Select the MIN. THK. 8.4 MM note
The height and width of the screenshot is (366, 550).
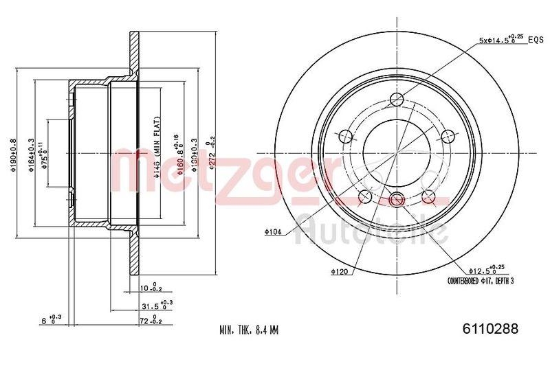pos(249,330)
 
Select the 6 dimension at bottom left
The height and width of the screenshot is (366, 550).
pos(50,320)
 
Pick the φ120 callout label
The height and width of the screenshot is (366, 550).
pos(339,272)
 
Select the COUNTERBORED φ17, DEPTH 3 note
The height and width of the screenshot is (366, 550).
pos(480,281)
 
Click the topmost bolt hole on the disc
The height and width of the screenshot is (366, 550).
pos(395,98)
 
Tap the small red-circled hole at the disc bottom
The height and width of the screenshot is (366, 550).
pos(395,199)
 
